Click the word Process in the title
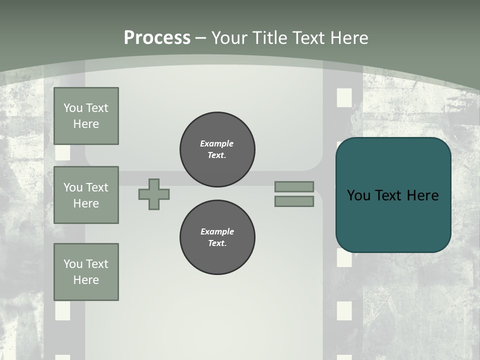pyautogui.click(x=157, y=38)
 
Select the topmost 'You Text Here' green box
pyautogui.click(x=86, y=116)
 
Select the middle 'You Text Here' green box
pyautogui.click(x=86, y=195)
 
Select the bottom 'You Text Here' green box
pyautogui.click(x=86, y=272)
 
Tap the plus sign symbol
pyautogui.click(x=154, y=194)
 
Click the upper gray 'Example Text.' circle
pyautogui.click(x=217, y=149)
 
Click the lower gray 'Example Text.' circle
pyautogui.click(x=217, y=237)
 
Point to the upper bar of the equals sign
pyautogui.click(x=294, y=186)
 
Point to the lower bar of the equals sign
pyautogui.click(x=294, y=201)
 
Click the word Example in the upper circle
pyautogui.click(x=216, y=144)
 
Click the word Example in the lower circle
pyautogui.click(x=217, y=232)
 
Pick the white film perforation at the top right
pyautogui.click(x=344, y=97)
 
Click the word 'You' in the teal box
pyautogui.click(x=358, y=195)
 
